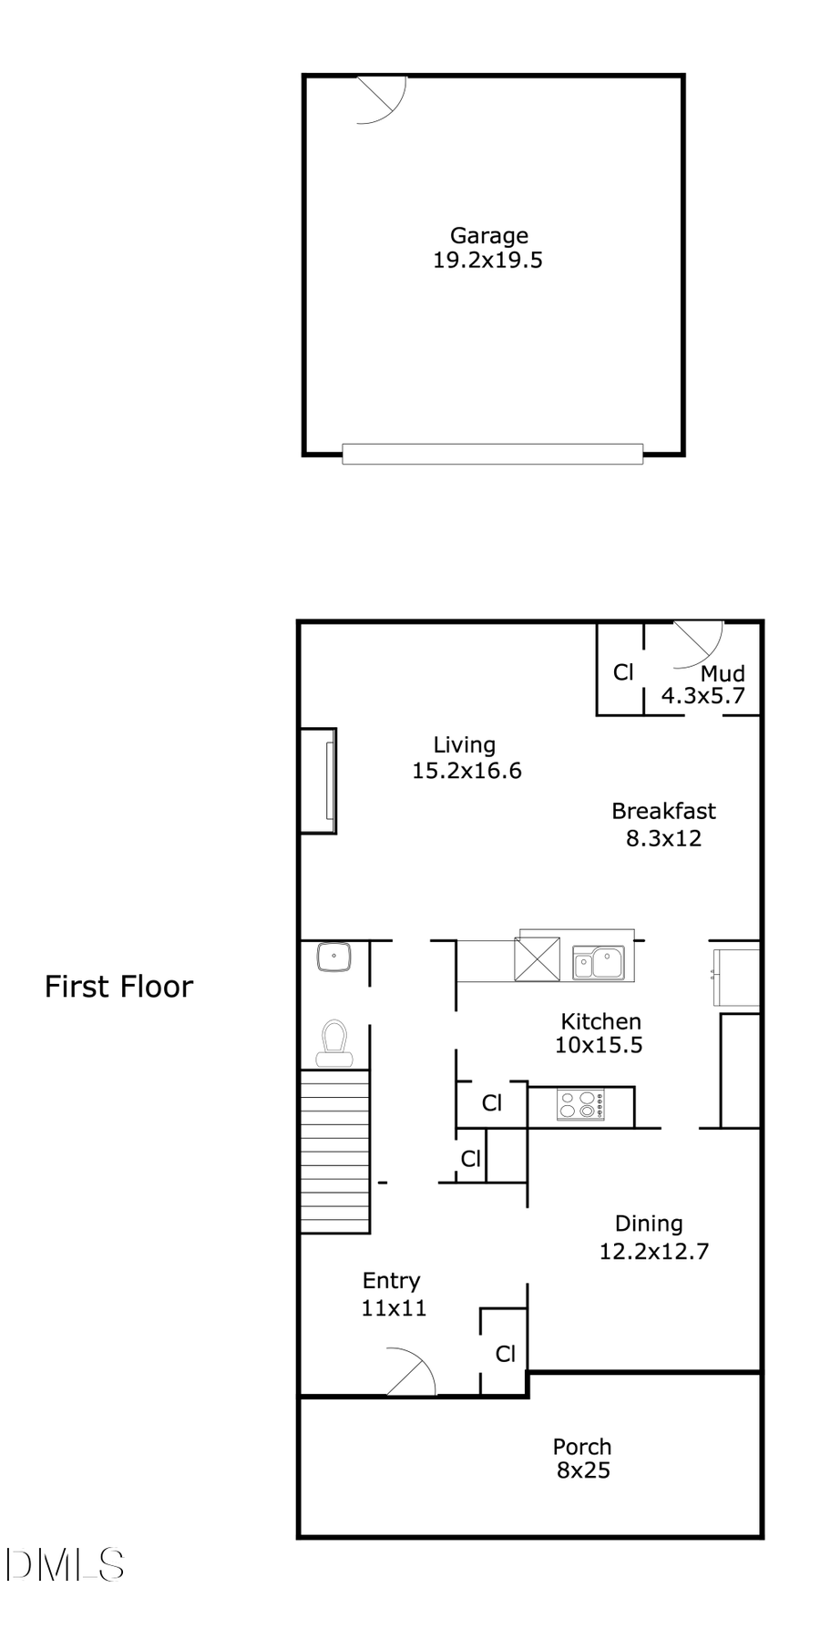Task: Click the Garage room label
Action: (x=488, y=236)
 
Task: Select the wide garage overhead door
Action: (x=492, y=453)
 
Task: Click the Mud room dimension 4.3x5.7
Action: (x=702, y=696)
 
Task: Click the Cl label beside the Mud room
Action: (x=623, y=672)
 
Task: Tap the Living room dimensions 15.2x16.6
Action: (x=466, y=771)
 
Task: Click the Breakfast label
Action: (x=663, y=811)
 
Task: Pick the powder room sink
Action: (x=335, y=958)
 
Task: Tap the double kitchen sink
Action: (x=598, y=962)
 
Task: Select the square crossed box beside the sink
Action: (x=538, y=958)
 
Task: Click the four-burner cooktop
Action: (x=580, y=1105)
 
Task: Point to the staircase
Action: (x=334, y=1152)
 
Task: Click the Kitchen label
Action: (x=600, y=1021)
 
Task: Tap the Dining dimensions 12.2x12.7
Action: (x=653, y=1251)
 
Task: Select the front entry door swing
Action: (x=412, y=1371)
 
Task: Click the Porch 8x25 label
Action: (x=582, y=1458)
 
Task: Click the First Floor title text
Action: (x=119, y=987)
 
